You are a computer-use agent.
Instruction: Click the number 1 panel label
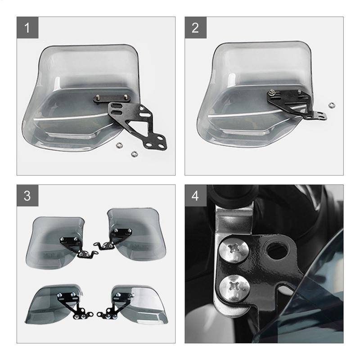[27, 28]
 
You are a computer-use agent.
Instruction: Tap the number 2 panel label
[195, 28]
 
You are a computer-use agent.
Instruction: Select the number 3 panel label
[27, 196]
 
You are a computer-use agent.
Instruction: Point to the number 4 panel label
[195, 196]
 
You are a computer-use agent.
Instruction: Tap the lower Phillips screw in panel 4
[234, 286]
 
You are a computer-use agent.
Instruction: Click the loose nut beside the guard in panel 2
[332, 105]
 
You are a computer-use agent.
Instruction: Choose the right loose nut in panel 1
[134, 154]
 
